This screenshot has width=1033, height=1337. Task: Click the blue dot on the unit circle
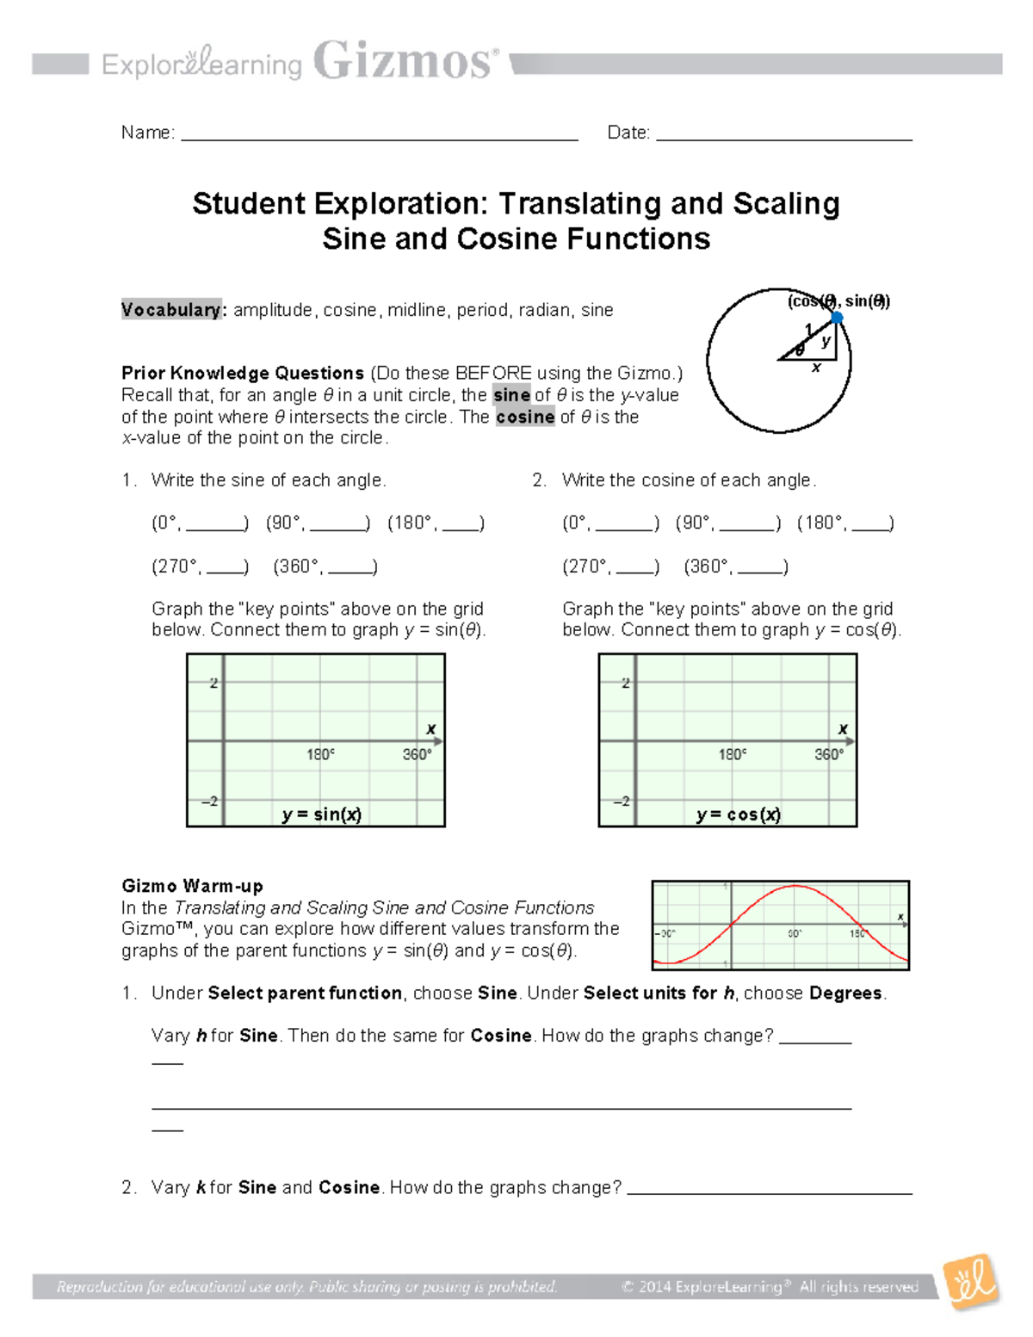(836, 318)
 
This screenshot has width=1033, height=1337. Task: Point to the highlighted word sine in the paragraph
(511, 395)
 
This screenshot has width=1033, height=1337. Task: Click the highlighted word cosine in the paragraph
(525, 417)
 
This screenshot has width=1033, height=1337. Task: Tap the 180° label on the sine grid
(320, 754)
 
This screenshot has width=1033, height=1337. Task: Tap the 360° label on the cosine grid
(829, 754)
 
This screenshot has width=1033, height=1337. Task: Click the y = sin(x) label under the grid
(321, 814)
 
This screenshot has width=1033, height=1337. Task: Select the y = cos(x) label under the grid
(739, 814)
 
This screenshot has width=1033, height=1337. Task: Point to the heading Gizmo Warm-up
(192, 886)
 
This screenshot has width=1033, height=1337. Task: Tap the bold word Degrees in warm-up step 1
(845, 993)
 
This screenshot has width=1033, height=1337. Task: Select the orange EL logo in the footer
(970, 1282)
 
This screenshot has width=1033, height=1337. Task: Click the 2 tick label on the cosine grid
(626, 683)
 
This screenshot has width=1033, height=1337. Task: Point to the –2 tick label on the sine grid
(210, 802)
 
